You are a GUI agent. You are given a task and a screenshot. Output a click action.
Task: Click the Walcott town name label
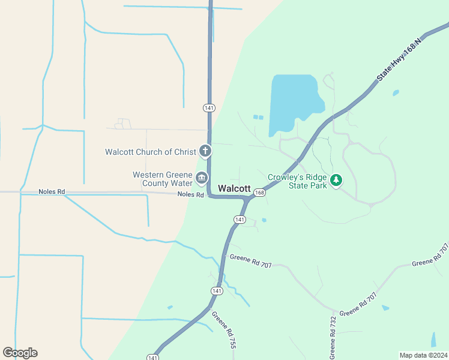234,188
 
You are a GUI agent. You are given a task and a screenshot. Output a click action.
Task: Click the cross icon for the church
205,151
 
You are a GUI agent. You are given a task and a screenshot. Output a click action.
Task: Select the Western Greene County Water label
162,179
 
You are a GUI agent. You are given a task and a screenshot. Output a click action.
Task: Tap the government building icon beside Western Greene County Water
201,179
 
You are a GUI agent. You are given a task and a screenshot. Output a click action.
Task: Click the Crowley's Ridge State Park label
298,181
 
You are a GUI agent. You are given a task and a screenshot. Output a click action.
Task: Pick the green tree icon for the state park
337,179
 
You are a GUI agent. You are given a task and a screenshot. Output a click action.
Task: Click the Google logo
20,353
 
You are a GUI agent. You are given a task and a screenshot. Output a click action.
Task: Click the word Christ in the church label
182,152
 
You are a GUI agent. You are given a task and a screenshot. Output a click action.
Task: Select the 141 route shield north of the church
208,108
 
